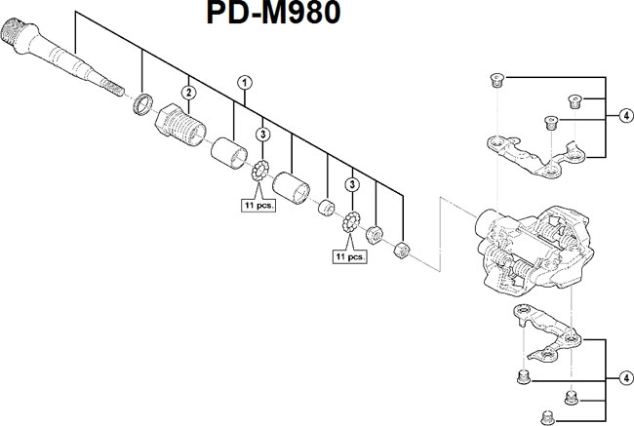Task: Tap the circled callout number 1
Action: [244, 84]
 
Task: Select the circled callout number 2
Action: [190, 92]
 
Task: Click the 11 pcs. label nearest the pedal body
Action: [348, 257]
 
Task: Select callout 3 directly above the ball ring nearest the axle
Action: [263, 134]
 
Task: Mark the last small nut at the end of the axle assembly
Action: [399, 251]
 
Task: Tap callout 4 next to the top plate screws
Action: [625, 114]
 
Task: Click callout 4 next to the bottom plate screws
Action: [625, 378]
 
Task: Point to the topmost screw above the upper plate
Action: [494, 80]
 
